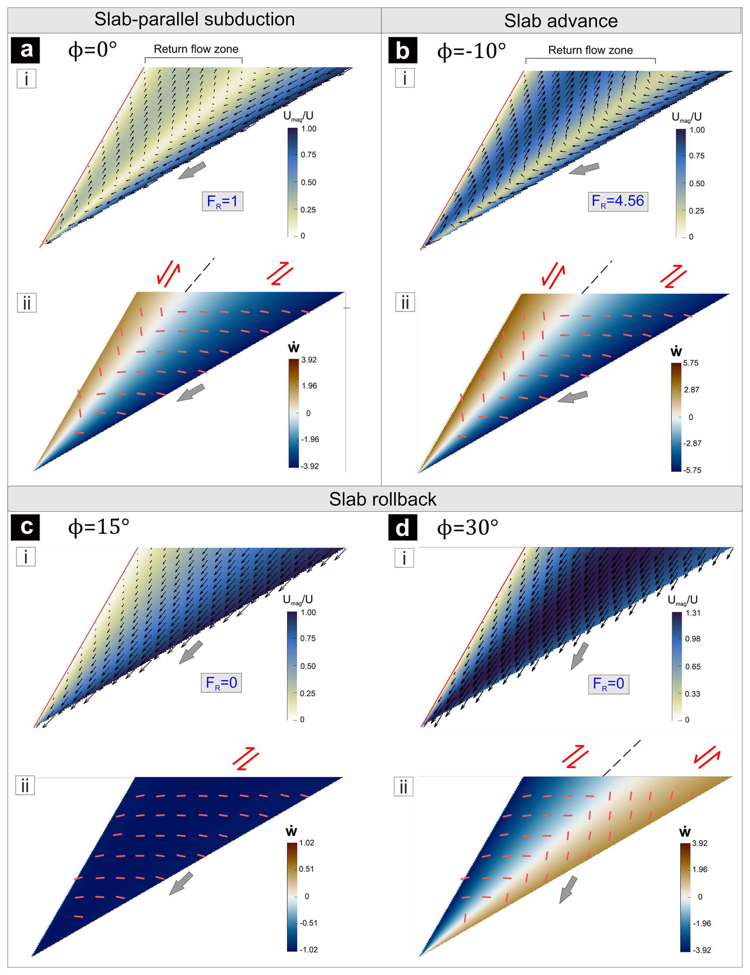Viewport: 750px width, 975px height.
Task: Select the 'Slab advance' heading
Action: [x=561, y=21]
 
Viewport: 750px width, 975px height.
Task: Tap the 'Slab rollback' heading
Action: [x=383, y=499]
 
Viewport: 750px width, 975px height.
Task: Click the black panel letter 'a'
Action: [x=26, y=50]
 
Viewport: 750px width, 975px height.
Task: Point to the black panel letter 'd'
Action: [x=402, y=528]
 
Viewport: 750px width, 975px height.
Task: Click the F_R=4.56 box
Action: [x=618, y=201]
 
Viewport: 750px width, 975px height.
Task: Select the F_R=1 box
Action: [x=222, y=201]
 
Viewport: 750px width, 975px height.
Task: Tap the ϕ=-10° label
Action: [x=471, y=51]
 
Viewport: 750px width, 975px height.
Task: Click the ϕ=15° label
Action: [x=99, y=527]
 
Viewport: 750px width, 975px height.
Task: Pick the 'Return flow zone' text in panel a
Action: [x=196, y=49]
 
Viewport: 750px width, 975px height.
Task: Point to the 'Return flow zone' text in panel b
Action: [x=590, y=50]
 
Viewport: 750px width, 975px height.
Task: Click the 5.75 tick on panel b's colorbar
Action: [x=690, y=363]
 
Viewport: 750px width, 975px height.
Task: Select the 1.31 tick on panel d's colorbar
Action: [x=693, y=613]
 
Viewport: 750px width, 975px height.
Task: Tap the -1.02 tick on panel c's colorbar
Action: [x=308, y=950]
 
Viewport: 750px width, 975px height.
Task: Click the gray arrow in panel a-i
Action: [x=192, y=170]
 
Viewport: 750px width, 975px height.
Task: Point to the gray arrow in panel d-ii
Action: [x=568, y=889]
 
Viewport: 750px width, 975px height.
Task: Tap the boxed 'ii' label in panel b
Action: [x=404, y=302]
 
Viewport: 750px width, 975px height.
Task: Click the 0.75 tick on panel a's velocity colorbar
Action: [x=308, y=155]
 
